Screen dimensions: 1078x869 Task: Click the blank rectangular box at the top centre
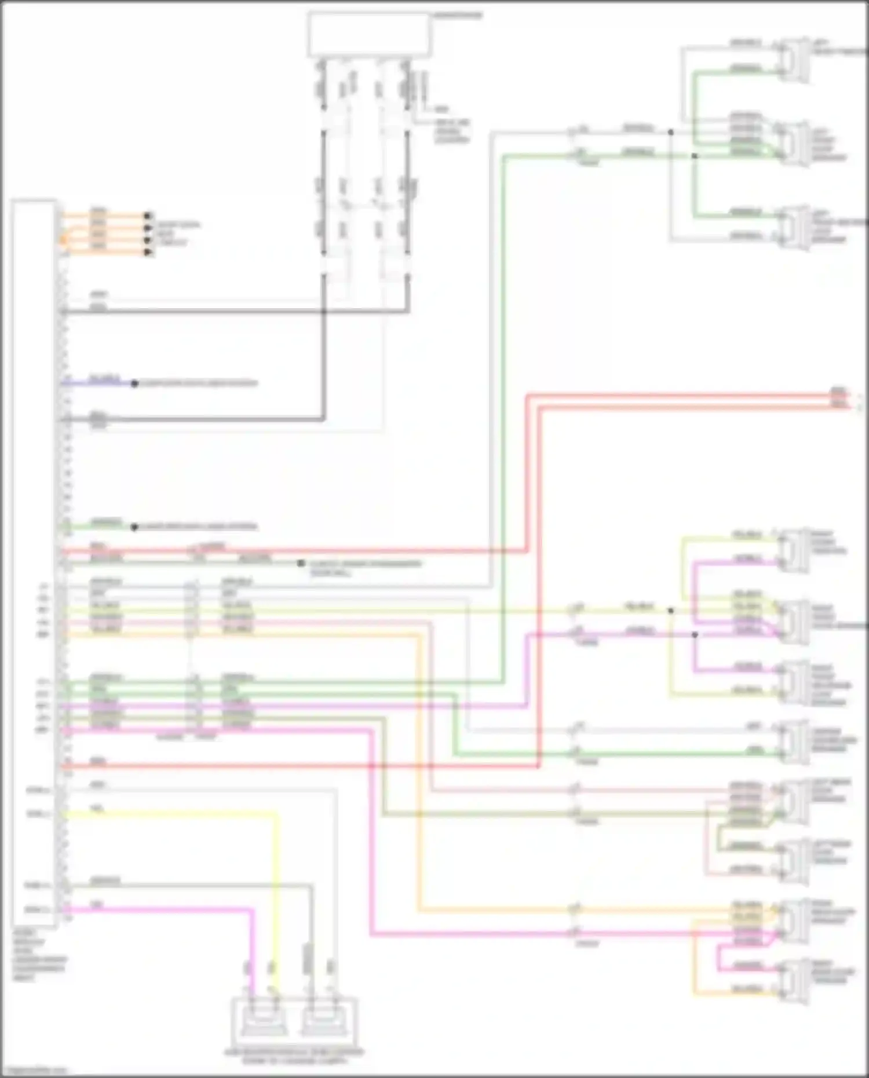point(369,34)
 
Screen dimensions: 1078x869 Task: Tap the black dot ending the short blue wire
point(134,383)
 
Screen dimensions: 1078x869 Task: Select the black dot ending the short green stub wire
point(134,527)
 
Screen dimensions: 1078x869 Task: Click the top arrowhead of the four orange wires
point(148,215)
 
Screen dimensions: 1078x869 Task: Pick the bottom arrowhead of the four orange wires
point(148,253)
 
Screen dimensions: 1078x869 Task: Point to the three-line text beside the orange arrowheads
point(177,233)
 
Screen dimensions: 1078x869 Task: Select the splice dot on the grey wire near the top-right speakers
point(671,133)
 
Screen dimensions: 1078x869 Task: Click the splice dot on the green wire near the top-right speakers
point(695,156)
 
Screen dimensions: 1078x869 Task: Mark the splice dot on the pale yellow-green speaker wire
point(671,611)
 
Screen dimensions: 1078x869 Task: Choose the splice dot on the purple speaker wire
point(695,634)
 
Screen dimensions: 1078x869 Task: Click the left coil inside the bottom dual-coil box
point(264,1018)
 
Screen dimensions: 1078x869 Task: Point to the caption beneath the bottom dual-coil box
point(294,1056)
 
